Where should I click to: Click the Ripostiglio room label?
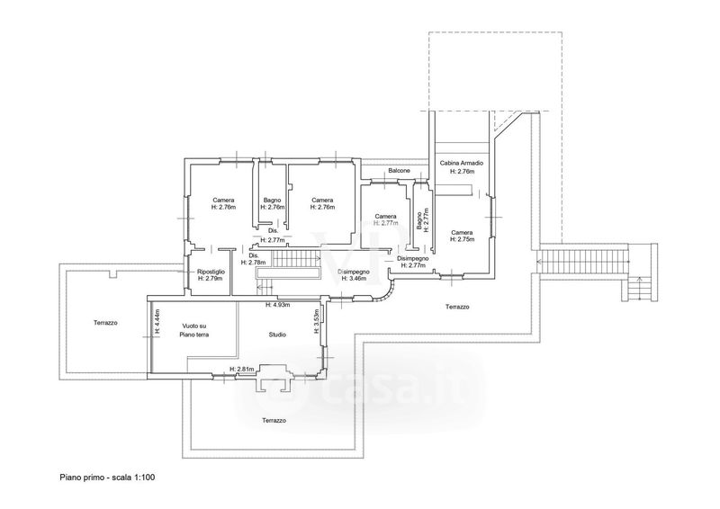tap(211, 272)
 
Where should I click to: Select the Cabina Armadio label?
tap(462, 163)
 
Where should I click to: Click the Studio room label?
tap(277, 335)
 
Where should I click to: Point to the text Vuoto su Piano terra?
tap(194, 330)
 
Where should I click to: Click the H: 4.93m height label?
tap(276, 305)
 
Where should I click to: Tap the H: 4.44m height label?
tap(157, 322)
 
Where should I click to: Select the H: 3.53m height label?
tap(316, 322)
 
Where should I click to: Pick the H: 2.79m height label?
tap(211, 279)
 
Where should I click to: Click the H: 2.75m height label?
tap(462, 239)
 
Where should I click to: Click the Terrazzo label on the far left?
tap(107, 322)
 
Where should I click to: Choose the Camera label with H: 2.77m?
tap(386, 219)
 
